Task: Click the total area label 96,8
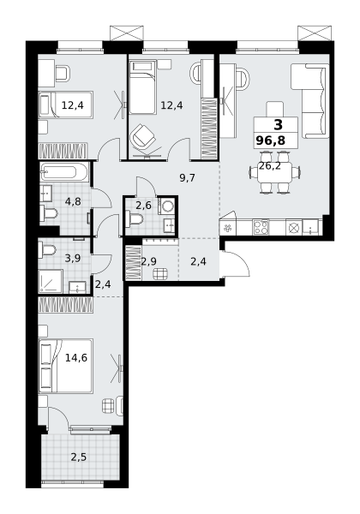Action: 271,140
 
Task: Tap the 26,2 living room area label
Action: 269,166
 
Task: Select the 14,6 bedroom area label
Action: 76,357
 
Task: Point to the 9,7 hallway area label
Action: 187,178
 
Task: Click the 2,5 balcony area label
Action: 79,457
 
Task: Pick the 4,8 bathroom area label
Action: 73,201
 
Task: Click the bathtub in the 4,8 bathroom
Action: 64,172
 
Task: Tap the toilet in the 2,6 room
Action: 134,219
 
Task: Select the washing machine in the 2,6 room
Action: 167,206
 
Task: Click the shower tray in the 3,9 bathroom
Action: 51,281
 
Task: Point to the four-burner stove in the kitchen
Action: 261,227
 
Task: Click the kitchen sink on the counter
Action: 310,227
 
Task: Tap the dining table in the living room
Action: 274,173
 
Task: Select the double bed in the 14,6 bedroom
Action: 66,366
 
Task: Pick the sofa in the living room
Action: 310,100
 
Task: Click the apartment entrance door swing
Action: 236,264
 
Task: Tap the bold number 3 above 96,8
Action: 278,125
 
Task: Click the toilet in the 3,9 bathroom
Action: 47,250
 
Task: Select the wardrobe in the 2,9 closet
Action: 134,263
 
